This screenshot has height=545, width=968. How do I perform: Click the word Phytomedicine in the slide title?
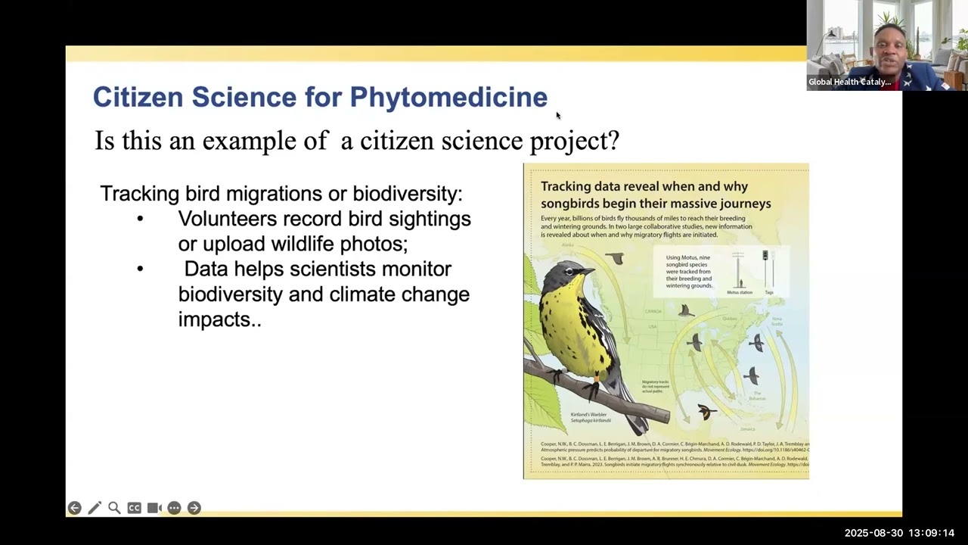[x=448, y=98]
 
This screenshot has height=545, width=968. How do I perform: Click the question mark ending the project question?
[x=613, y=141]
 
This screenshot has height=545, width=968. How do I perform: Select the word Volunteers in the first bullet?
[x=227, y=219]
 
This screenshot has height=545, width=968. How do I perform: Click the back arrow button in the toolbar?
[x=74, y=508]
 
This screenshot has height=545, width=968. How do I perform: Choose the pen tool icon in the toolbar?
[x=95, y=508]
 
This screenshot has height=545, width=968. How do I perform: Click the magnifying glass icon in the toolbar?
[x=114, y=508]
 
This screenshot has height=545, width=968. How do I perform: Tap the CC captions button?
[x=134, y=508]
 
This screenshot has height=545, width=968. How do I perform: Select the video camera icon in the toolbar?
[x=154, y=508]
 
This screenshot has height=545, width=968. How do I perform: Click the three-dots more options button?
[x=174, y=508]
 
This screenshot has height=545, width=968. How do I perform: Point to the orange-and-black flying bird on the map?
[x=706, y=411]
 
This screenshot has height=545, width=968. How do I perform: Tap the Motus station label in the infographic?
[x=739, y=292]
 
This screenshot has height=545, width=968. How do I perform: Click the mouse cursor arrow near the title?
[x=558, y=116]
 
